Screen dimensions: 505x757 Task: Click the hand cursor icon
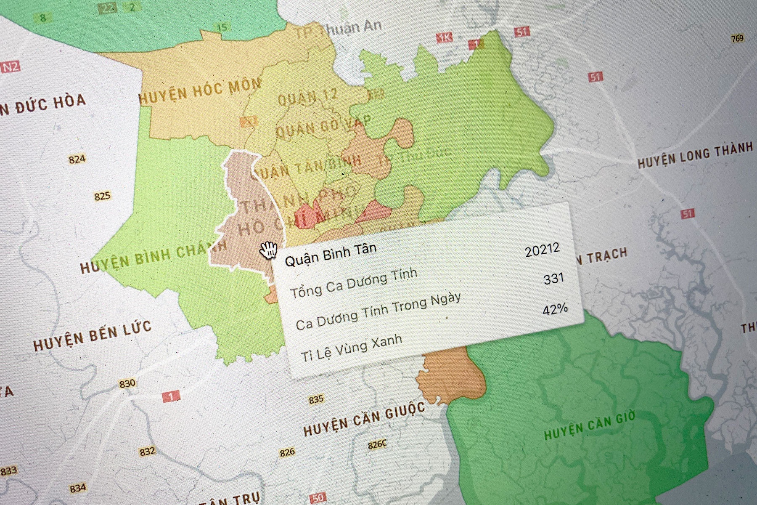[x=268, y=250]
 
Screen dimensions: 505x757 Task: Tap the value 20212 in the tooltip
[x=543, y=250]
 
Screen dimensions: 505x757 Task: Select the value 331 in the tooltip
[x=553, y=278]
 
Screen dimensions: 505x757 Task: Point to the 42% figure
[x=555, y=309]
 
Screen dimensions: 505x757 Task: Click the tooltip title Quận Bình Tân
[x=331, y=254]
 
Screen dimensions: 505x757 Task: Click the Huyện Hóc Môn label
[x=200, y=92]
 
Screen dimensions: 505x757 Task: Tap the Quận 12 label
[x=308, y=98]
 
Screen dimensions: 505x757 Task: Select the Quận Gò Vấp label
[x=323, y=126]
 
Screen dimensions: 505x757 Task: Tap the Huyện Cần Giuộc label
[x=364, y=419]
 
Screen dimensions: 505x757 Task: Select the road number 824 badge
[x=77, y=159]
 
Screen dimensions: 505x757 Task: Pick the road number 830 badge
[x=127, y=383]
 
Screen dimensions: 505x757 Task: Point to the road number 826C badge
[x=377, y=444]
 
